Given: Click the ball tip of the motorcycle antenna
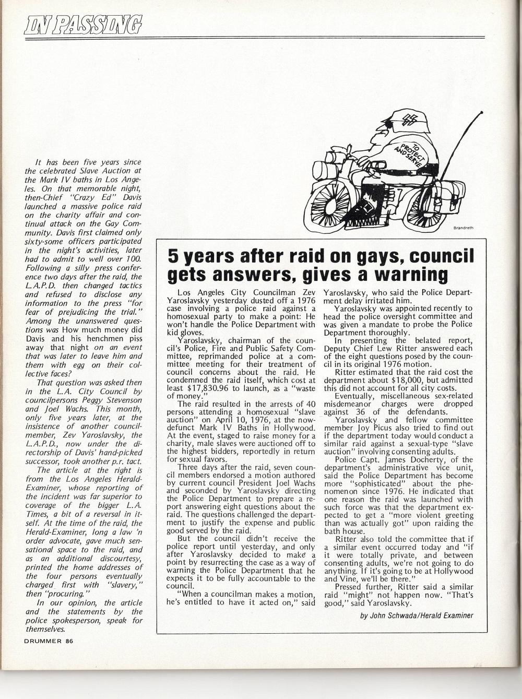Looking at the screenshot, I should click(481, 112).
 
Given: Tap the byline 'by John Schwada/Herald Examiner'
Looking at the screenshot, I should click(417, 615).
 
